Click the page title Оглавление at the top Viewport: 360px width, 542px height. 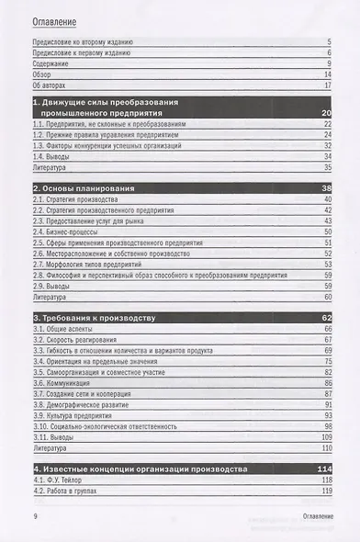click(x=56, y=20)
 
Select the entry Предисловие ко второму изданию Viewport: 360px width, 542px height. click(x=83, y=42)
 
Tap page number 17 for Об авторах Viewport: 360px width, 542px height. click(x=326, y=85)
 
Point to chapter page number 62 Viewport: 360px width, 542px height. click(x=324, y=318)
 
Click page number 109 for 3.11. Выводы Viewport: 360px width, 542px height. click(x=324, y=437)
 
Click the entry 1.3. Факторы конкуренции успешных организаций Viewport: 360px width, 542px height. click(x=118, y=145)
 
